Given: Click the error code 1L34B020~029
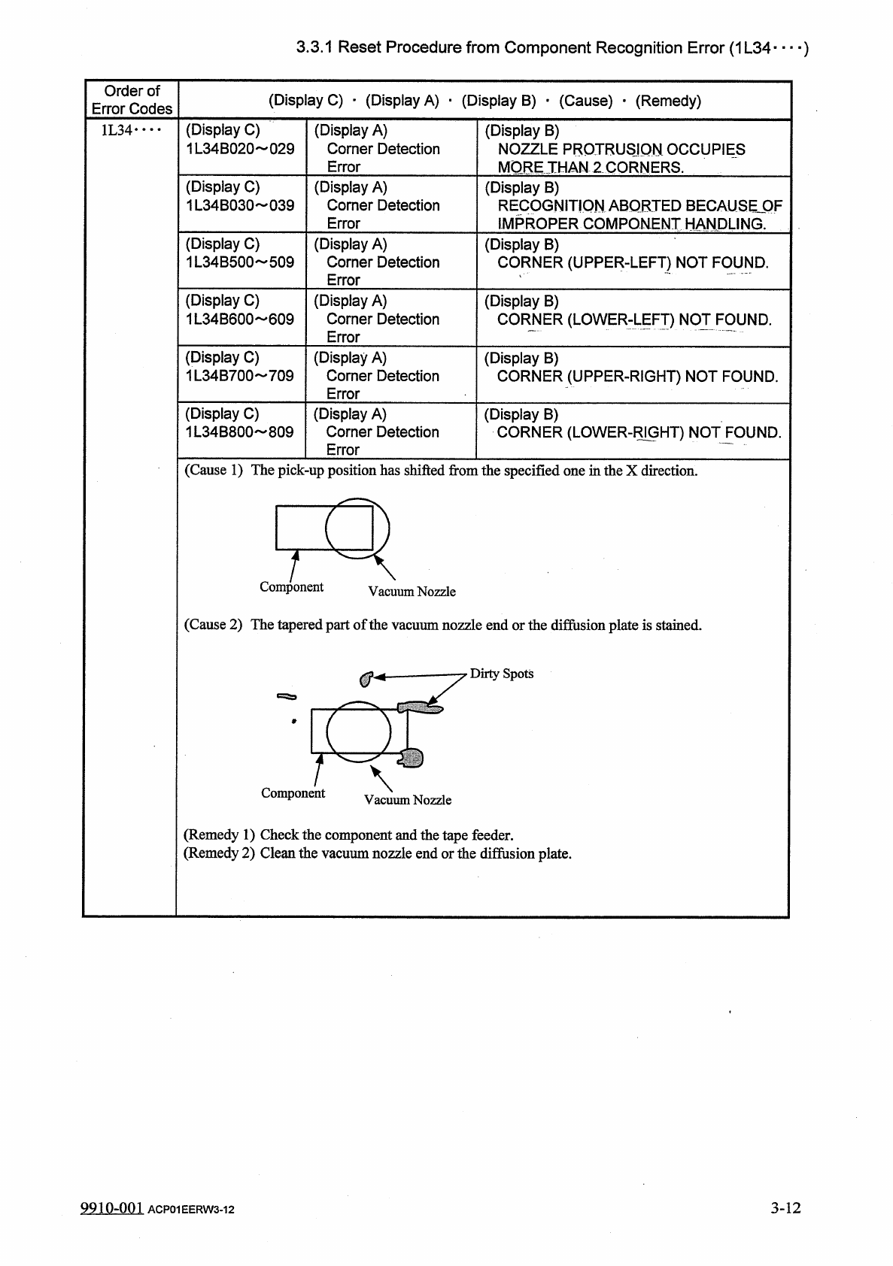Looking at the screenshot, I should tap(240, 149).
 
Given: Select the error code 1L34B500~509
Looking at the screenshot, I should tap(240, 262).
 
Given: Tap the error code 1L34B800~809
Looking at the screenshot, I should tap(240, 432).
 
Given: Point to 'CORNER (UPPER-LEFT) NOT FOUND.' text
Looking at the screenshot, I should tap(633, 263).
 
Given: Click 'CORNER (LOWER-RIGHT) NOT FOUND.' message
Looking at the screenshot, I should tap(639, 432).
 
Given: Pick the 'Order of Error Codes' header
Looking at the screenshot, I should tap(132, 100).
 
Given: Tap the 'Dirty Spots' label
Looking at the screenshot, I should tap(501, 674).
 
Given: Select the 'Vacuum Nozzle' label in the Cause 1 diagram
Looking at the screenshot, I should tap(412, 592).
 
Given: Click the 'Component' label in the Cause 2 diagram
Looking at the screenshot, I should tap(293, 793).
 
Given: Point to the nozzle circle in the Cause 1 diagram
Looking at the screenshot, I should tap(357, 528).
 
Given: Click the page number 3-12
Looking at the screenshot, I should tap(785, 1208).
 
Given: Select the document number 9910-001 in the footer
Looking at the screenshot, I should tap(111, 1208).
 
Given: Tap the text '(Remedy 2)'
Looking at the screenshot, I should tap(219, 853).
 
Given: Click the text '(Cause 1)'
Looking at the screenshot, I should tap(214, 471).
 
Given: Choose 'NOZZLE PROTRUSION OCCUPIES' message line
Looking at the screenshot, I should tap(621, 150).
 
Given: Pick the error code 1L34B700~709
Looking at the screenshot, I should tap(240, 376).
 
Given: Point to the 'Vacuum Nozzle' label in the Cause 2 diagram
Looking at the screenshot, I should tap(408, 800).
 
